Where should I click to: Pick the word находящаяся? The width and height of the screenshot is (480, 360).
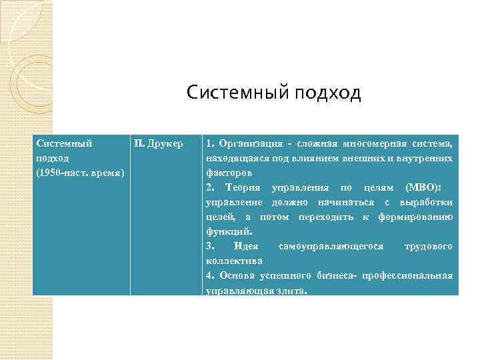236,159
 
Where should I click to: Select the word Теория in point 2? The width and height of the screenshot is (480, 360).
244,188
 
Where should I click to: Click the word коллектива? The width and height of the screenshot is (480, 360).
234,261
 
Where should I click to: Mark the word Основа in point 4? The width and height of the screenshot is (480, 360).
243,276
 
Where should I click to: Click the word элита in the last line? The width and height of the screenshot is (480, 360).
291,291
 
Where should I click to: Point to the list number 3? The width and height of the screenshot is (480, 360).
210,247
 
